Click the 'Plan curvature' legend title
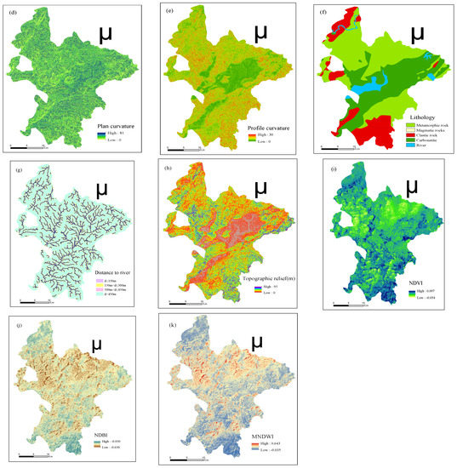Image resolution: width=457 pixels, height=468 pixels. (113, 125)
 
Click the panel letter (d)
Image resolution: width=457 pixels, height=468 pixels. (12, 11)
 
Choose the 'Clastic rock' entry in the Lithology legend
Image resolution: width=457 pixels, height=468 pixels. (425, 134)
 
